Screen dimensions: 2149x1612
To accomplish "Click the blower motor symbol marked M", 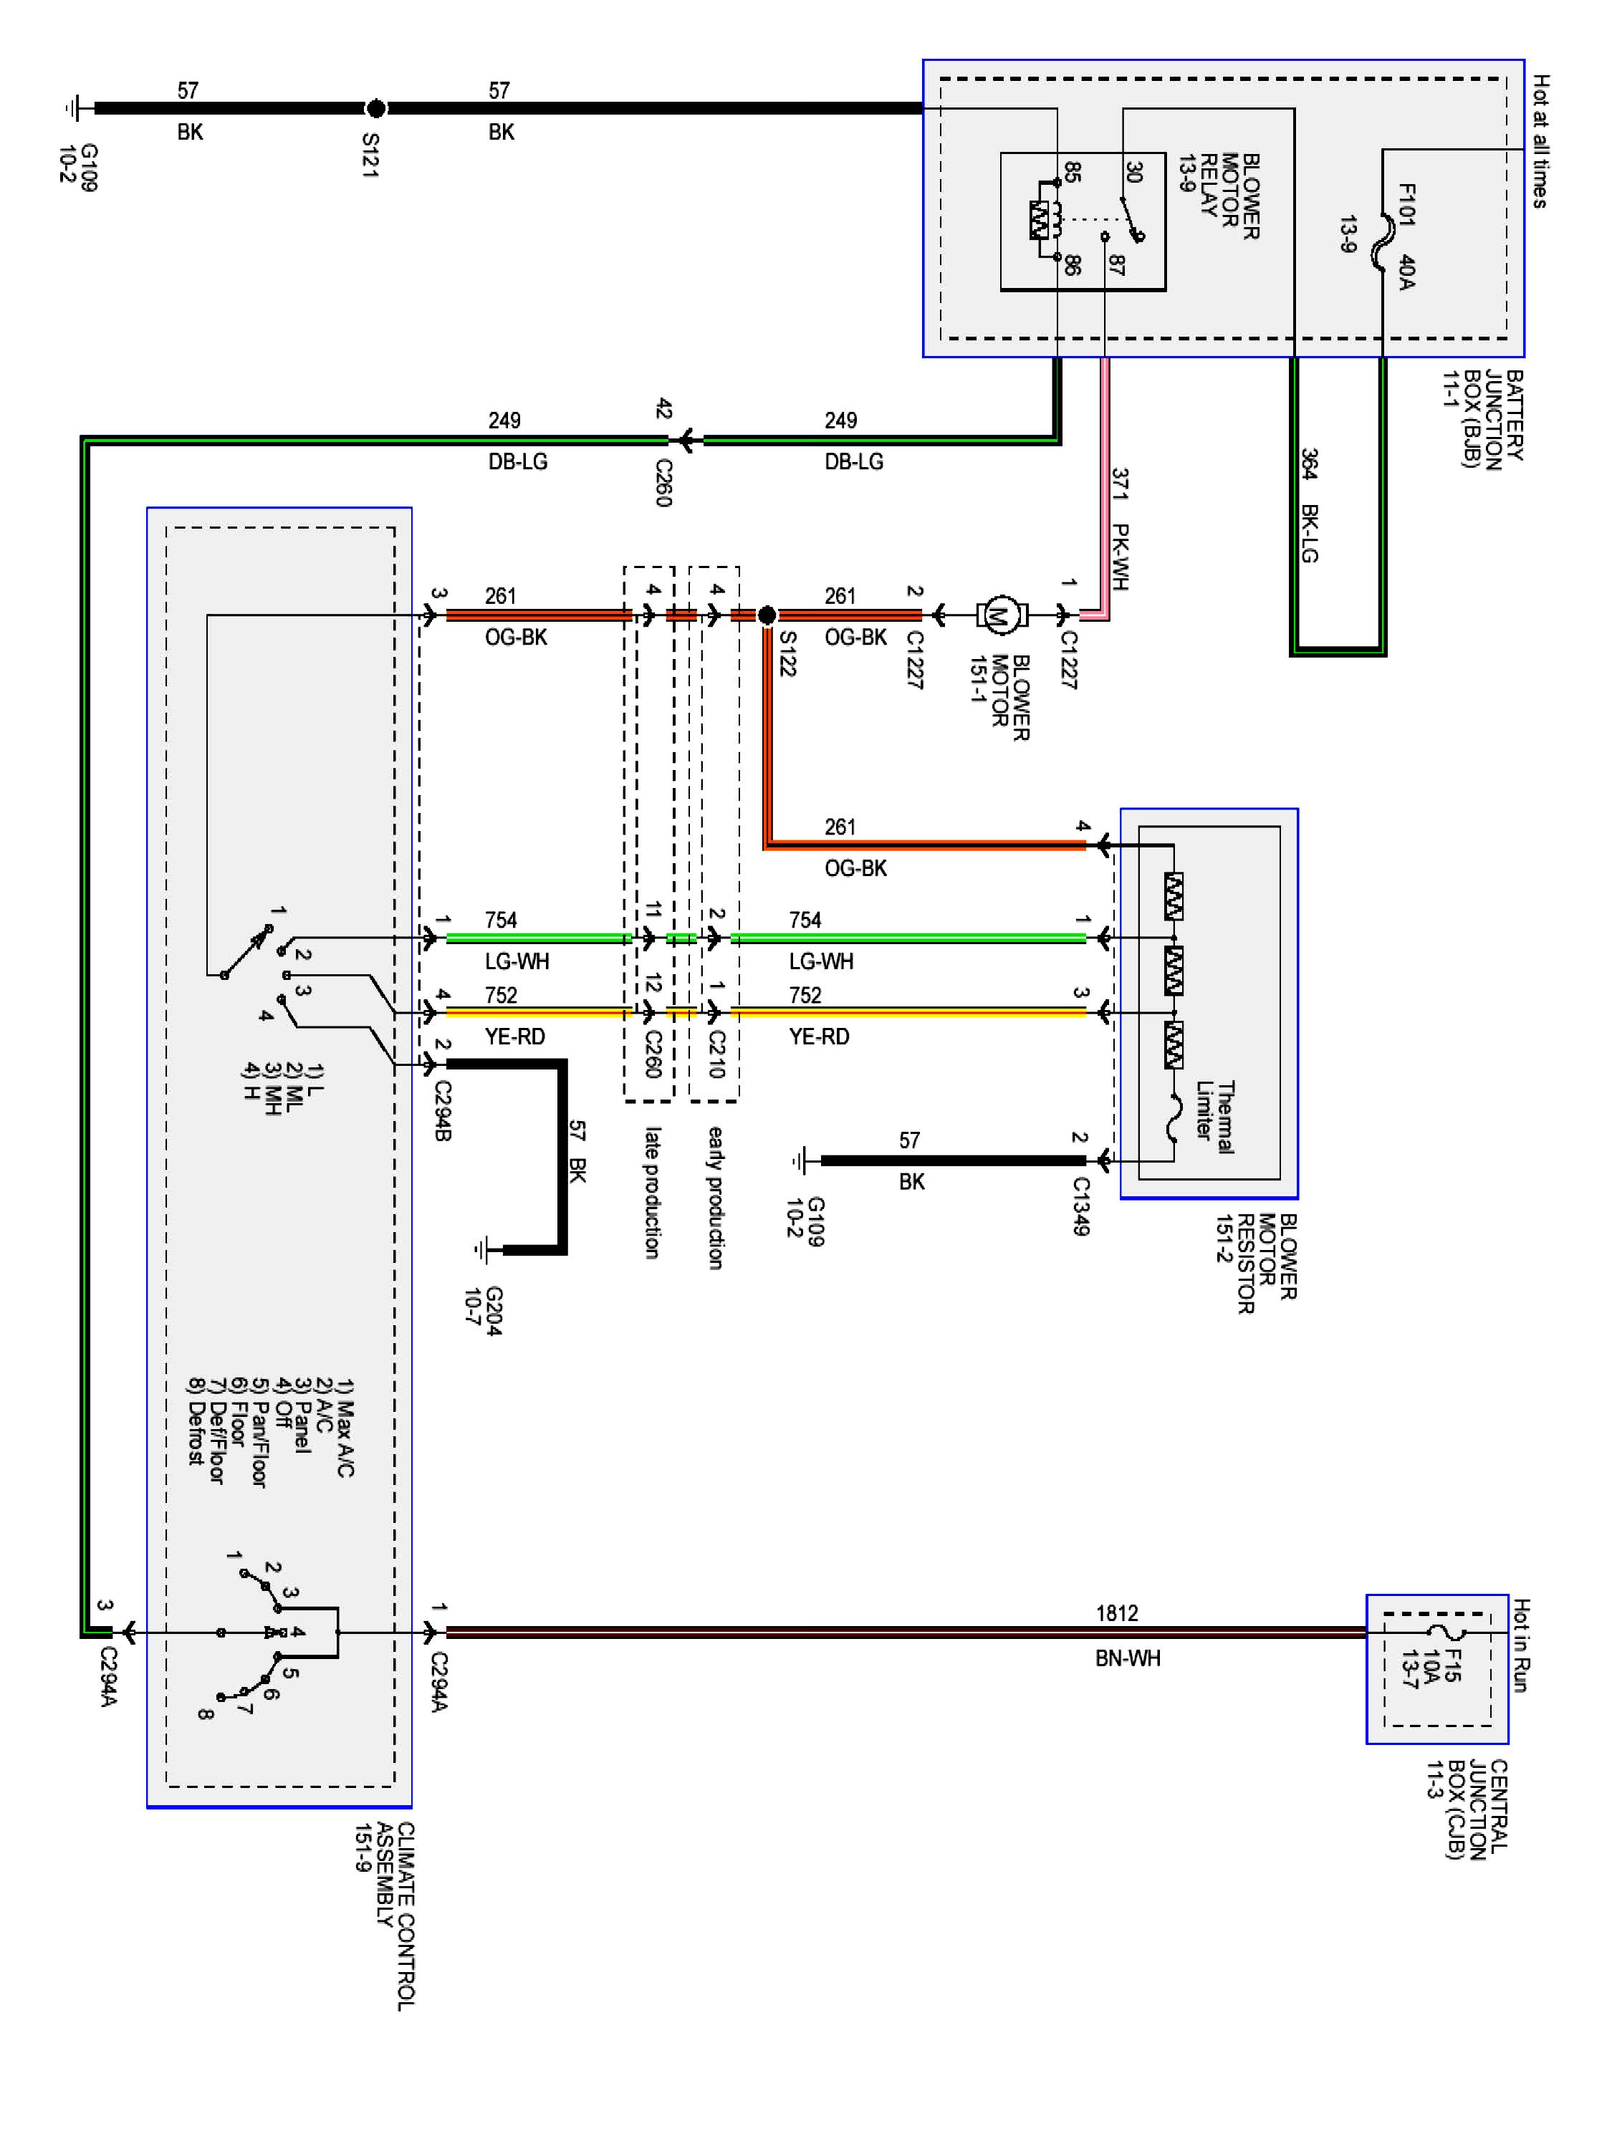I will pyautogui.click(x=998, y=614).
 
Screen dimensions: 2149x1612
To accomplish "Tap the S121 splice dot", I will pyautogui.click(x=375, y=108).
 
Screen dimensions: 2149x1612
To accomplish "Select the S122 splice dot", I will pyautogui.click(x=767, y=614).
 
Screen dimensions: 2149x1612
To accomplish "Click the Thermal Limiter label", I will pyautogui.click(x=1214, y=1117).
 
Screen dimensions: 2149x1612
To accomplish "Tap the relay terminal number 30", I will pyautogui.click(x=1133, y=172).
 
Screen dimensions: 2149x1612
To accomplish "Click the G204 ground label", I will pyautogui.click(x=483, y=1311).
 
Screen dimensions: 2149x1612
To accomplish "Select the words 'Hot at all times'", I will pyautogui.click(x=1540, y=141).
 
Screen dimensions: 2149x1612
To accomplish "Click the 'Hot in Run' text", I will pyautogui.click(x=1521, y=1645).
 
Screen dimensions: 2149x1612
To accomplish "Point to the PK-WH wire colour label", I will pyautogui.click(x=1121, y=557).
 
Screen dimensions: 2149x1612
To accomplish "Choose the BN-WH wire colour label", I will pyautogui.click(x=1127, y=1658).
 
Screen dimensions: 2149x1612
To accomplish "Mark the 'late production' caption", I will pyautogui.click(x=653, y=1192).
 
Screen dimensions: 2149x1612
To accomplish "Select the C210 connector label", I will pyautogui.click(x=716, y=1054).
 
